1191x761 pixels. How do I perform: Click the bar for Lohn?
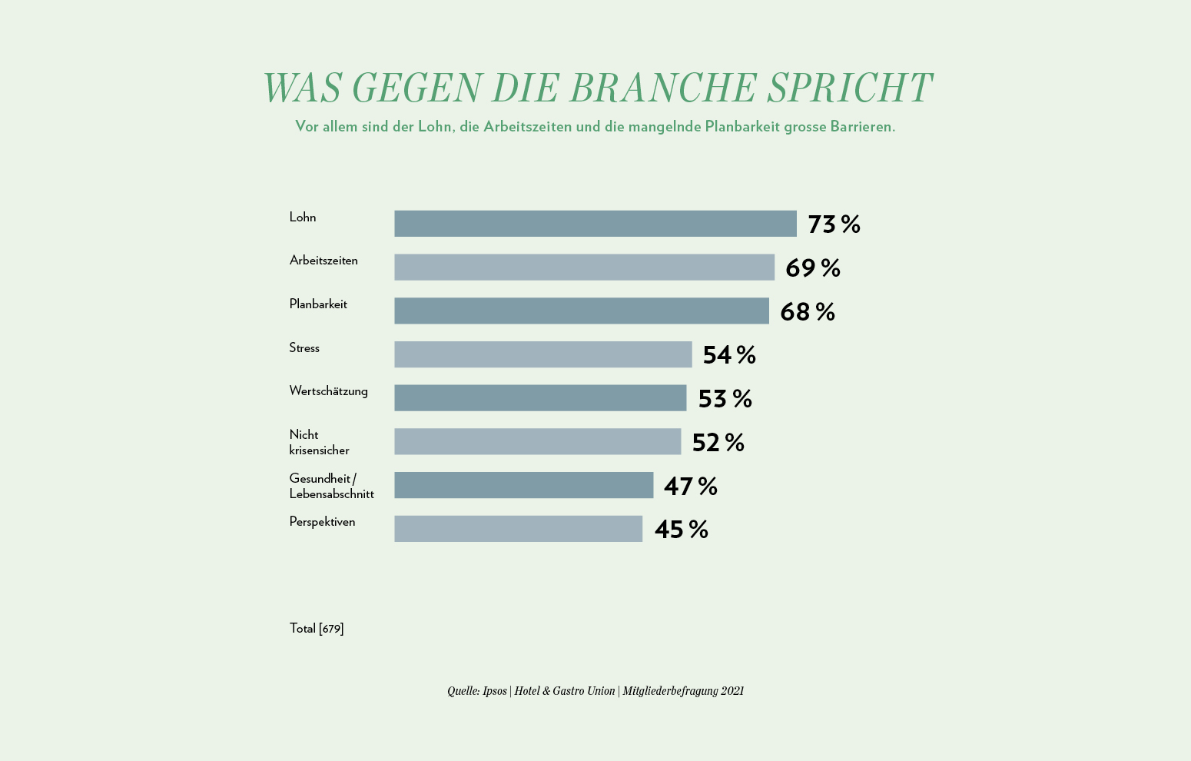click(x=595, y=224)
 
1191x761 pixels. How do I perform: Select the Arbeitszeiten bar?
click(x=584, y=268)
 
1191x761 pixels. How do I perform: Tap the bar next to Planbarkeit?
click(x=582, y=311)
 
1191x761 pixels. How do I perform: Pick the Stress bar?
click(x=543, y=354)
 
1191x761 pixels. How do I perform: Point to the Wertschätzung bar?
click(x=540, y=398)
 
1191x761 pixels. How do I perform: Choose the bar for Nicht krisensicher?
click(x=538, y=441)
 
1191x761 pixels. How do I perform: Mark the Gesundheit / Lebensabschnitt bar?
click(x=523, y=485)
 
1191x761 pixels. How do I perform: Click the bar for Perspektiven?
click(x=518, y=529)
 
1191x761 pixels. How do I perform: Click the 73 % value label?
click(x=834, y=224)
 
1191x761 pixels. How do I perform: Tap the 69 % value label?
click(x=812, y=268)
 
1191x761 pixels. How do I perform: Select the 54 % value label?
click(x=729, y=355)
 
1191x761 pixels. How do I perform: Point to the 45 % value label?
click(x=681, y=530)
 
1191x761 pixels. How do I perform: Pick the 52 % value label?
click(x=718, y=443)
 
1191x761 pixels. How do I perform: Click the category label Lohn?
click(x=303, y=218)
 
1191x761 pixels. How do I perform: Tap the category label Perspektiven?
click(x=322, y=522)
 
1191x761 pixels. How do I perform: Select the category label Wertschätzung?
click(x=328, y=391)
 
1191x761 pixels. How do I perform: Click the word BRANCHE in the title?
click(x=663, y=88)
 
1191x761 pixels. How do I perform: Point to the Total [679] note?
click(x=317, y=629)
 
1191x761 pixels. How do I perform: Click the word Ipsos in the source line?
click(x=494, y=691)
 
